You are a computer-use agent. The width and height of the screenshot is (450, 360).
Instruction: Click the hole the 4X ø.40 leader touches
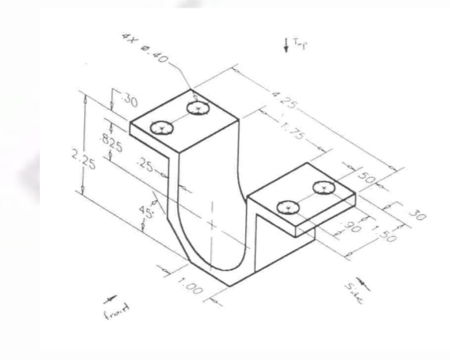point(199,109)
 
